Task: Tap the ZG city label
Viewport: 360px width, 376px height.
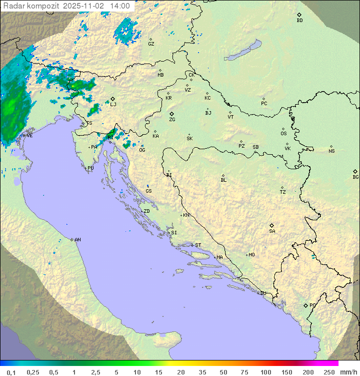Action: click(172, 120)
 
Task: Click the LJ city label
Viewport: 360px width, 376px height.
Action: click(113, 104)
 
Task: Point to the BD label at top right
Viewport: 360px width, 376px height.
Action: click(299, 21)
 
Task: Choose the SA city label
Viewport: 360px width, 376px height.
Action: click(272, 231)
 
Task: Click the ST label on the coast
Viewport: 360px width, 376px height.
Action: click(198, 245)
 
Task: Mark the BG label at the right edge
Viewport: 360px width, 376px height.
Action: click(355, 177)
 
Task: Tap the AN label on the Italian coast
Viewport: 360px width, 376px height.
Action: click(77, 240)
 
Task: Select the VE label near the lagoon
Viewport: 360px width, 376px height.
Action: click(29, 136)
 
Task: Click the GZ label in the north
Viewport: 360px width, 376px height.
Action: click(151, 44)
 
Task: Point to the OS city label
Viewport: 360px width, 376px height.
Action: click(283, 134)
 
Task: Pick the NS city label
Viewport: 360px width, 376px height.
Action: click(331, 151)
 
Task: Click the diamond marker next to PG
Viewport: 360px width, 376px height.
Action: click(305, 305)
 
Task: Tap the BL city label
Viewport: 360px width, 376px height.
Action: click(223, 180)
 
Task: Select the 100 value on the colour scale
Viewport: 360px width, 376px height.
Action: click(265, 372)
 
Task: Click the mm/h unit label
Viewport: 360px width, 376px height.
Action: click(347, 372)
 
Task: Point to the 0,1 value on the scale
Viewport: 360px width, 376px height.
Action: click(11, 372)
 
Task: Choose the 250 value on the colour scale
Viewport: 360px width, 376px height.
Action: click(329, 372)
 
